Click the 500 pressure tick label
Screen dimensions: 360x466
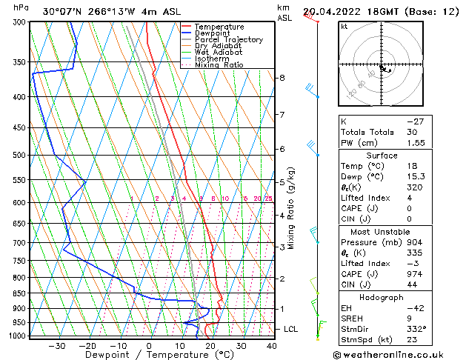click(20, 156)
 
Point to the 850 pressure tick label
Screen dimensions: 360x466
click(20, 293)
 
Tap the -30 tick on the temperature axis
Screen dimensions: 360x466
click(56, 345)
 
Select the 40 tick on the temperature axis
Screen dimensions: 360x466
click(271, 345)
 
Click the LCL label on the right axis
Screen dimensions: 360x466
click(292, 328)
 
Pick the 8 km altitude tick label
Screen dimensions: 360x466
click(282, 78)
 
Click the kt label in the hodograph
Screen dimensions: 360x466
click(344, 27)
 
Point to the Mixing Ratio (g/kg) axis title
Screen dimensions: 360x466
click(291, 208)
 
